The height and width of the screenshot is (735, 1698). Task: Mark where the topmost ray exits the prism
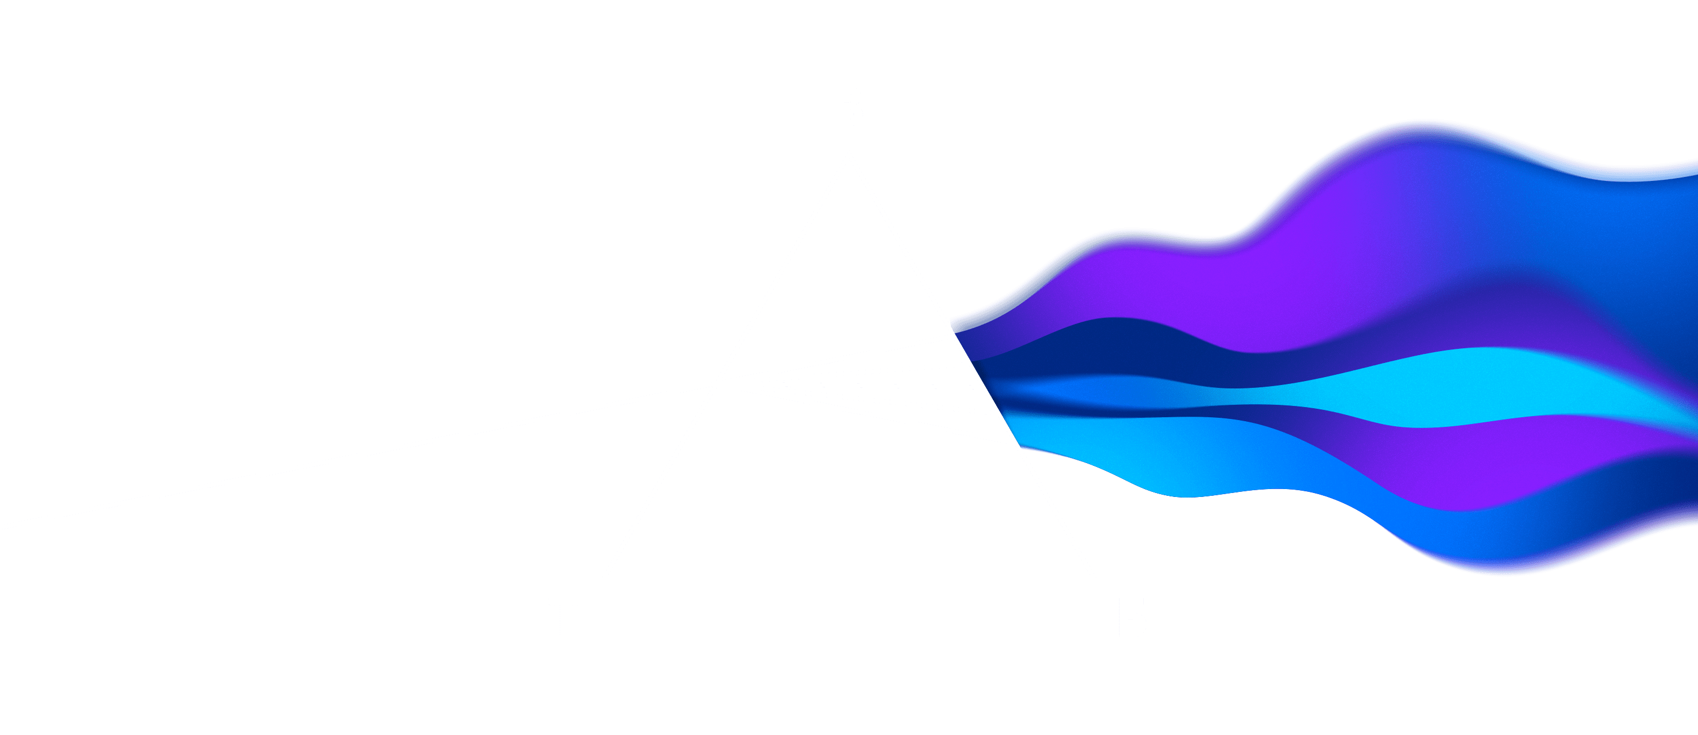953,335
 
